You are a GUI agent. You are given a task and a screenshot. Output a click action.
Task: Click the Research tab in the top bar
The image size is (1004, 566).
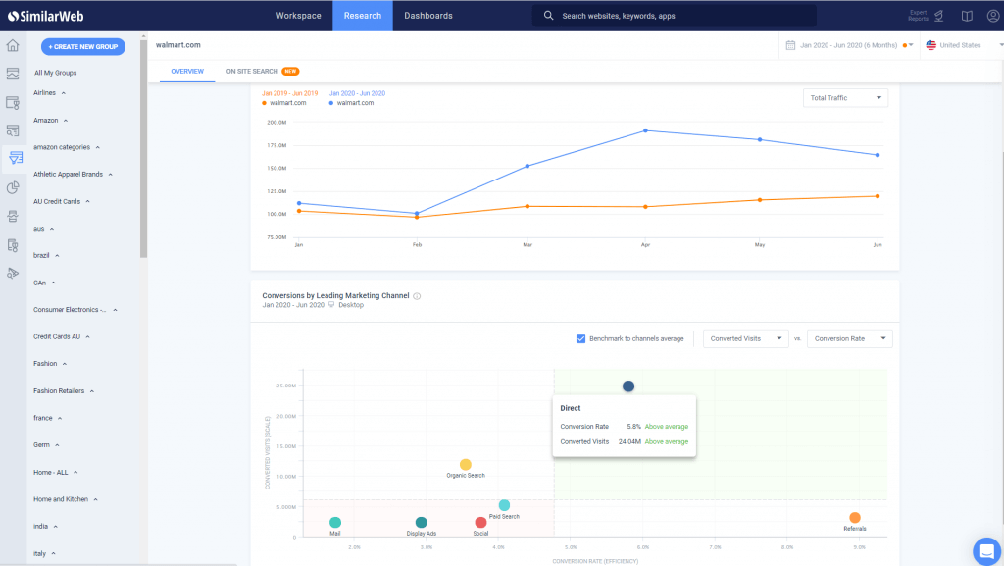(x=362, y=16)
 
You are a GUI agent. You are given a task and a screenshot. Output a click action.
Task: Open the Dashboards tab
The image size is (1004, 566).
(x=428, y=16)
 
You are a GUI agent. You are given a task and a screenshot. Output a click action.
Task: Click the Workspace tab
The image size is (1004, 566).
(x=298, y=16)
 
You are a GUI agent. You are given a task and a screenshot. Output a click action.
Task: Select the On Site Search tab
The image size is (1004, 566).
(x=251, y=72)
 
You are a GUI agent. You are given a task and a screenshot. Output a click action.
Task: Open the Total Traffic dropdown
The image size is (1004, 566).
(x=845, y=98)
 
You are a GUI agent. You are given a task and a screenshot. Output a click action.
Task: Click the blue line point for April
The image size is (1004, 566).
(x=645, y=130)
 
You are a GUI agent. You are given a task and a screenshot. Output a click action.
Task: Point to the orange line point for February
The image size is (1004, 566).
(x=417, y=217)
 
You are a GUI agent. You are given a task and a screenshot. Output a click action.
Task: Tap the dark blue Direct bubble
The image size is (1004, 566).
(x=628, y=386)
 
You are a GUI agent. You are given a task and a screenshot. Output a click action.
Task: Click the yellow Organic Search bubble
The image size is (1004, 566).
(x=466, y=465)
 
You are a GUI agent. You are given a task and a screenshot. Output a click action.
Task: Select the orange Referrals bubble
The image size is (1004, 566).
(x=855, y=518)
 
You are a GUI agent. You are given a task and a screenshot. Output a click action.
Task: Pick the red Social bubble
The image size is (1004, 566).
(x=480, y=523)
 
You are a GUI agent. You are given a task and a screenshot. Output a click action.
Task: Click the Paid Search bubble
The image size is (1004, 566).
(x=504, y=505)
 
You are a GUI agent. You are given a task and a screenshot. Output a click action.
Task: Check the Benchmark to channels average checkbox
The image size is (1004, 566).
(x=581, y=339)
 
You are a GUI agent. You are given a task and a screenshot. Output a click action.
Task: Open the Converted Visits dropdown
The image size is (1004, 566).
(x=746, y=339)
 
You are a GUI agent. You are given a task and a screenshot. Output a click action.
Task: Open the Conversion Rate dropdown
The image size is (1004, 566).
(x=849, y=339)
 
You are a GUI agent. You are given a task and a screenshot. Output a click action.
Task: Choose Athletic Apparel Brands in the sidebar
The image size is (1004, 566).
(x=68, y=175)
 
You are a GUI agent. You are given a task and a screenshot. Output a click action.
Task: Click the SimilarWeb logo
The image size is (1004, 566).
(x=39, y=16)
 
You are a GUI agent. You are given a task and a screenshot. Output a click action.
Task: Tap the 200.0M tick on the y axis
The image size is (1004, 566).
(x=276, y=123)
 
